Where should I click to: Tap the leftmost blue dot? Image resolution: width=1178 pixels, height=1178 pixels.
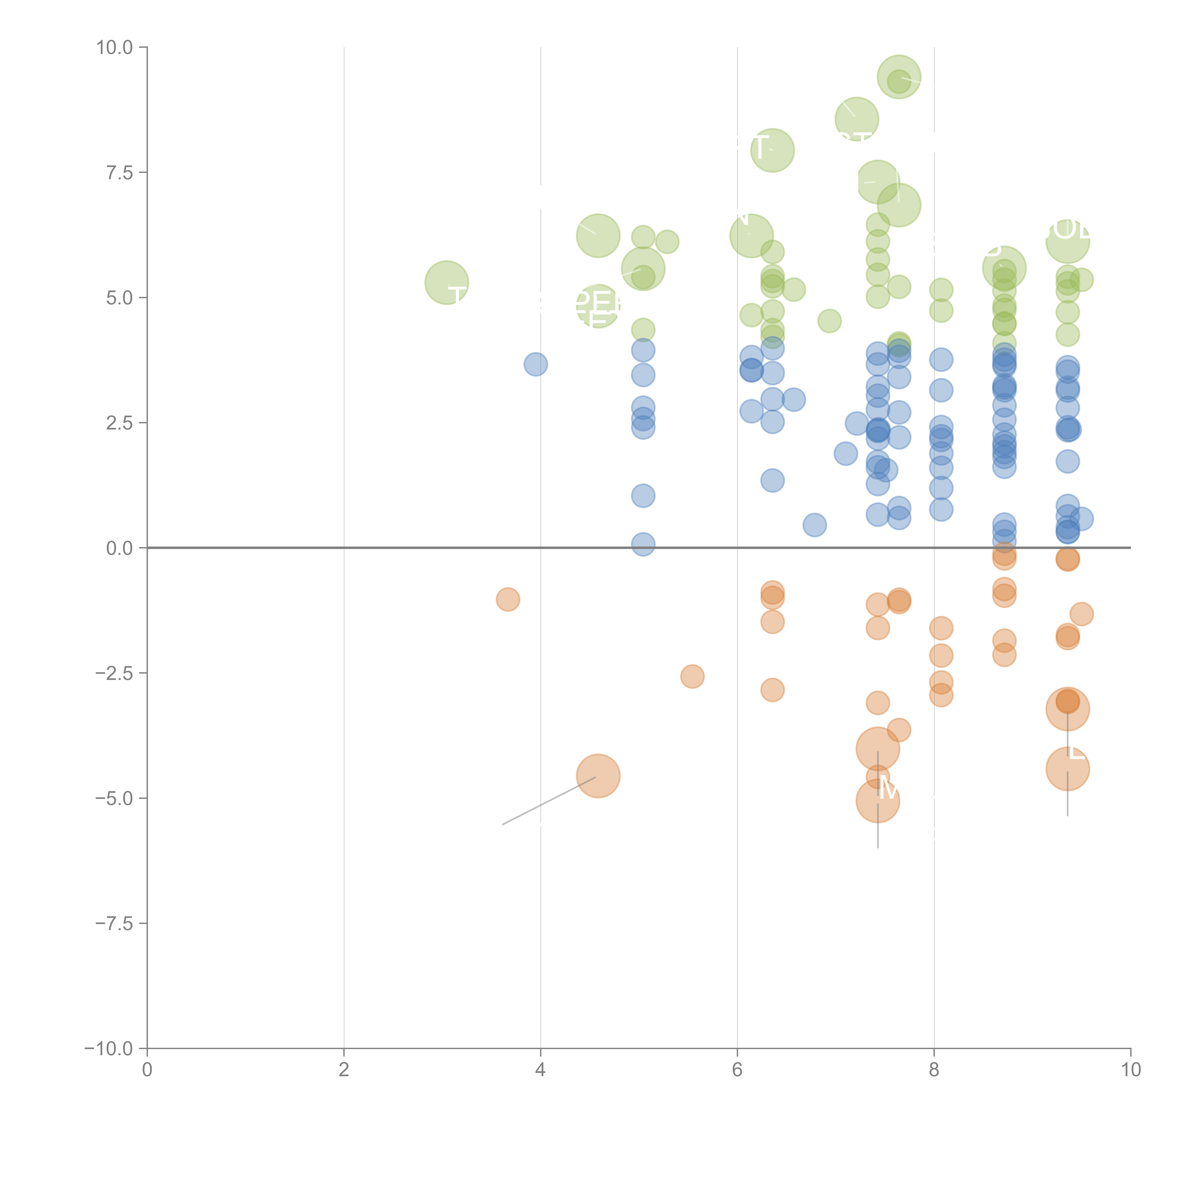pyautogui.click(x=535, y=365)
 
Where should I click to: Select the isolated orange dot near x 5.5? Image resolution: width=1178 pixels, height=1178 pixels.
pyautogui.click(x=692, y=676)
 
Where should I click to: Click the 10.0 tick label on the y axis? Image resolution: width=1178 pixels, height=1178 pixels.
pyautogui.click(x=115, y=48)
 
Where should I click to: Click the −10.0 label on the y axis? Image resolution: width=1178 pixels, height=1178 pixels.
pyautogui.click(x=110, y=1049)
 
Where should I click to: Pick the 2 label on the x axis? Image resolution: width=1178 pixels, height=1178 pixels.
pyautogui.click(x=344, y=1070)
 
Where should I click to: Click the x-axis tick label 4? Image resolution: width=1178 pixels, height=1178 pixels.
pyautogui.click(x=540, y=1070)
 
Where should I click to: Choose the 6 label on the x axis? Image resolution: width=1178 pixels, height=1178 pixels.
pyautogui.click(x=737, y=1070)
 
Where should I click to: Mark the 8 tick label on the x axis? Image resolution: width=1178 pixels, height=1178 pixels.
pyautogui.click(x=934, y=1070)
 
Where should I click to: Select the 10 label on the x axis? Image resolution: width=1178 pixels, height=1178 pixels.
pyautogui.click(x=1130, y=1070)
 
